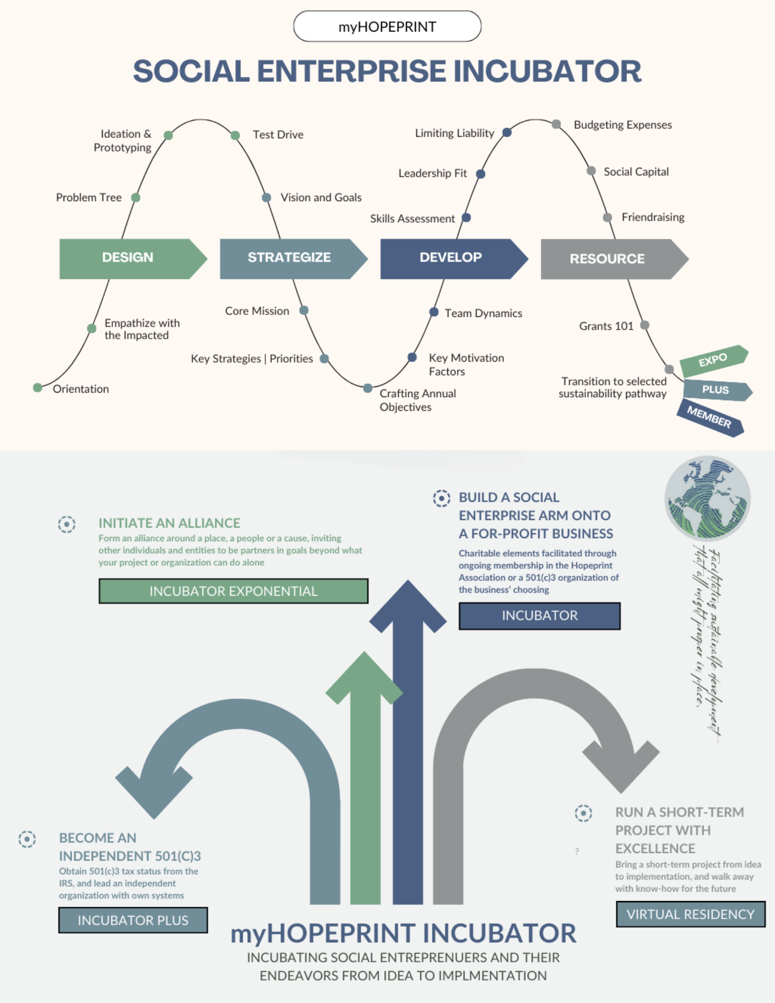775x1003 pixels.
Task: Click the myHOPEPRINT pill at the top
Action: [x=387, y=27]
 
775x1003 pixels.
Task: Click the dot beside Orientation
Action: [x=38, y=388]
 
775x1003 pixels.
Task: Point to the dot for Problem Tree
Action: [x=135, y=198]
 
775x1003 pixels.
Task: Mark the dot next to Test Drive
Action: [x=235, y=135]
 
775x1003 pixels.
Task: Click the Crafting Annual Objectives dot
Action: [x=368, y=388]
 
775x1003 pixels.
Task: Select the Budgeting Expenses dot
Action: [x=556, y=124]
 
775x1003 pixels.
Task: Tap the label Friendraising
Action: [x=653, y=217]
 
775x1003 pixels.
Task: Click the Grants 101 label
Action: [x=606, y=326]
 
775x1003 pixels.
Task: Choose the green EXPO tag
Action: [x=713, y=360]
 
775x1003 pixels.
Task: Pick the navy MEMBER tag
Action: [x=709, y=417]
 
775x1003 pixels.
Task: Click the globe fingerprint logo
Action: [x=707, y=497]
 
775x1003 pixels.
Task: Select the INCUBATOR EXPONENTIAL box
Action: [x=233, y=591]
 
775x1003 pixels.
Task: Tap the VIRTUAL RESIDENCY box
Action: [x=690, y=914]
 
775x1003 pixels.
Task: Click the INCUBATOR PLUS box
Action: [x=133, y=920]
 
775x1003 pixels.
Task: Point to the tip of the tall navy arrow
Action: [x=408, y=583]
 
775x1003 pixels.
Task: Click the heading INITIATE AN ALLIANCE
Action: [x=169, y=523]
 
